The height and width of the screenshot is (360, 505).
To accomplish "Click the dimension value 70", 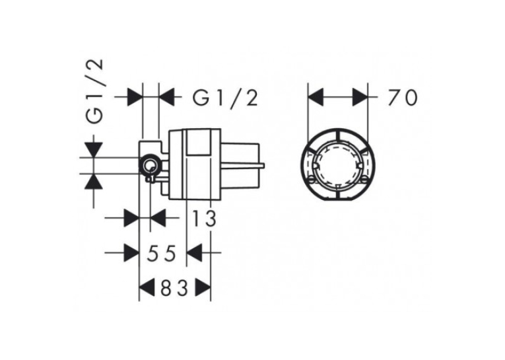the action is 403,98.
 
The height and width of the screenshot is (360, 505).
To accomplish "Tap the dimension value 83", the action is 174,288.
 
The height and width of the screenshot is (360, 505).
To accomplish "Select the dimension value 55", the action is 162,253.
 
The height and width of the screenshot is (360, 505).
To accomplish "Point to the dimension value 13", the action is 204,218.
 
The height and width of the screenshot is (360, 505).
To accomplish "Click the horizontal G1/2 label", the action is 226,98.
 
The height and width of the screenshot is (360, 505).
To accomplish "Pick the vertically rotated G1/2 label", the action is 95,91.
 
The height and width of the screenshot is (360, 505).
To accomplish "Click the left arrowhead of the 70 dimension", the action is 316,97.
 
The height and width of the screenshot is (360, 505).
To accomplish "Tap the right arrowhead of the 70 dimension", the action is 360,97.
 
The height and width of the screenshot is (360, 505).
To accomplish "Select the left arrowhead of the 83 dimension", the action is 146,287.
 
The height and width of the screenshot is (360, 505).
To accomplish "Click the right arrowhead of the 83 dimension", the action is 203,287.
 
